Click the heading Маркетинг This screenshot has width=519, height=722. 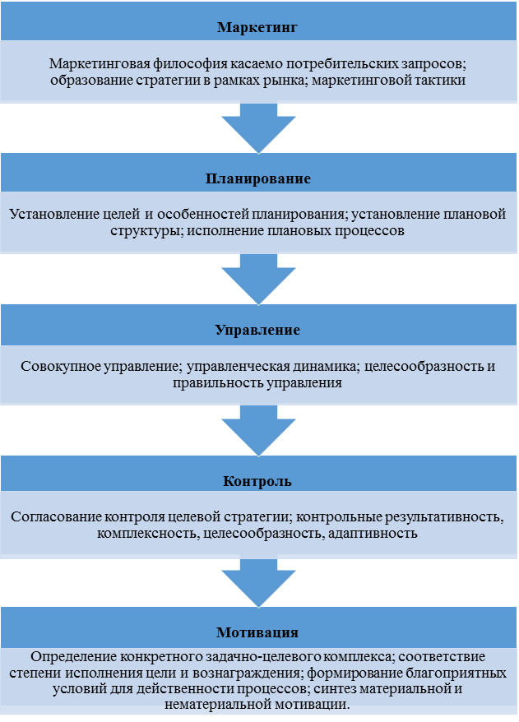click(x=258, y=27)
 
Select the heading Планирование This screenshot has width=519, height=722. click(x=258, y=178)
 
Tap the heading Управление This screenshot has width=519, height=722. click(x=258, y=331)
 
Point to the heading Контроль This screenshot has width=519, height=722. click(x=258, y=481)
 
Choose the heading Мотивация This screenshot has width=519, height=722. click(x=258, y=632)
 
